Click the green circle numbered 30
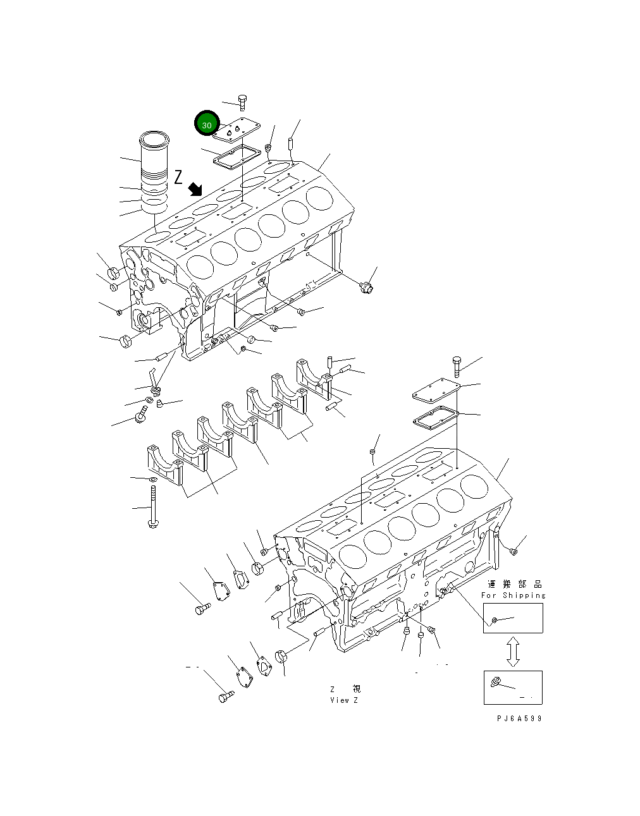coord(207,125)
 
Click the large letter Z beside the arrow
coord(178,177)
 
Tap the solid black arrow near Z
coord(195,188)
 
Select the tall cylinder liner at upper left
coord(152,171)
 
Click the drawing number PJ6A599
coord(519,719)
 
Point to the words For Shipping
coord(513,595)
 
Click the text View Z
coord(344,700)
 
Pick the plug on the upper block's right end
coord(366,288)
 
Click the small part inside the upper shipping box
coord(495,621)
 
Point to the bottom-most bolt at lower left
coord(225,697)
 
